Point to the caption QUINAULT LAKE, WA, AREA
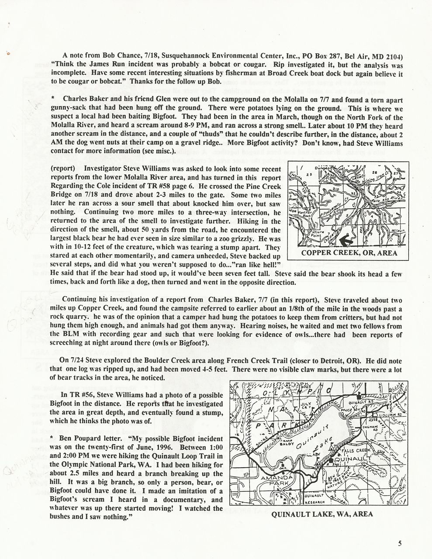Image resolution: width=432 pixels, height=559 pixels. pyautogui.click(x=322, y=514)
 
